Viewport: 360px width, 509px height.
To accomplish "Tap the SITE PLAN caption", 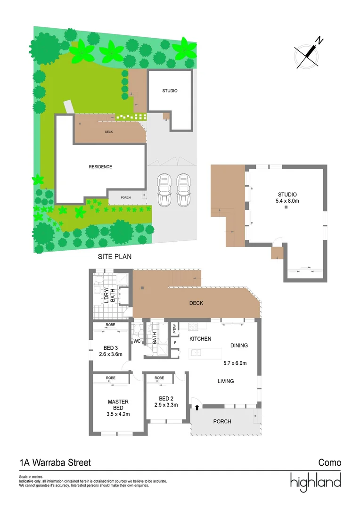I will [115, 257].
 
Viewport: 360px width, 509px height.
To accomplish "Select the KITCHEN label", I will [200, 339].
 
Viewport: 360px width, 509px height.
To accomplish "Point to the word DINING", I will [239, 345].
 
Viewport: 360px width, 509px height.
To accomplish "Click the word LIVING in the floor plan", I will [226, 381].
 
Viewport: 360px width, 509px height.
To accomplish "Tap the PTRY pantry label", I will [175, 327].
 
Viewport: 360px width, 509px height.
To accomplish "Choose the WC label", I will [137, 341].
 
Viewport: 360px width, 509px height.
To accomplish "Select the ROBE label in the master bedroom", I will [111, 378].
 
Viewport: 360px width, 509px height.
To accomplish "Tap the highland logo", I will [315, 482].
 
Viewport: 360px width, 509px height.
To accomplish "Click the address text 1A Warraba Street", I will [55, 463].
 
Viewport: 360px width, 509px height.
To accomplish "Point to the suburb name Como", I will [329, 463].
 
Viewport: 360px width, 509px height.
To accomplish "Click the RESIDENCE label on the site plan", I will [100, 167].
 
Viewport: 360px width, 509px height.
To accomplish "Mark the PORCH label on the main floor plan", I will [222, 421].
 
